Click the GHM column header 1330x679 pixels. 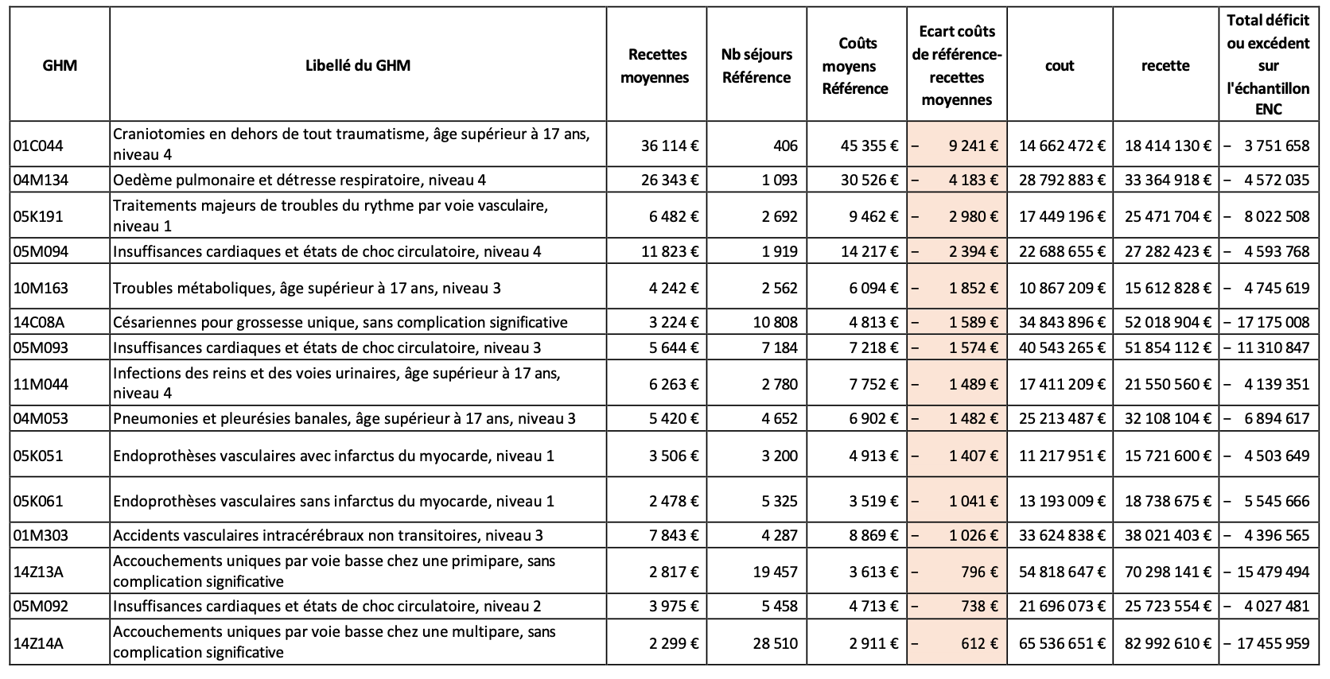coord(60,65)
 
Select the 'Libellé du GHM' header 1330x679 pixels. coord(357,65)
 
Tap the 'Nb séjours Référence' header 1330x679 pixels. coord(756,66)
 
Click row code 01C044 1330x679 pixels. coord(38,145)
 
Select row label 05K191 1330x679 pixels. coord(38,216)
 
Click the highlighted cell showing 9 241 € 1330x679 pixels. coord(956,145)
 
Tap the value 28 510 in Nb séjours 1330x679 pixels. coord(775,643)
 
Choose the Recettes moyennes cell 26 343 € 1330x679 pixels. coord(670,180)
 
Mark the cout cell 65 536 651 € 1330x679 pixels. coord(1062,643)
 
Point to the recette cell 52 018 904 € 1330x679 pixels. coord(1168,322)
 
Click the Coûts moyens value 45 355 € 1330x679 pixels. coord(869,145)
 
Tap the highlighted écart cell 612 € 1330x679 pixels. coord(956,643)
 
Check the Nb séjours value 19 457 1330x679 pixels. coord(775,572)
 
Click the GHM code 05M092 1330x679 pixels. coord(41,607)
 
